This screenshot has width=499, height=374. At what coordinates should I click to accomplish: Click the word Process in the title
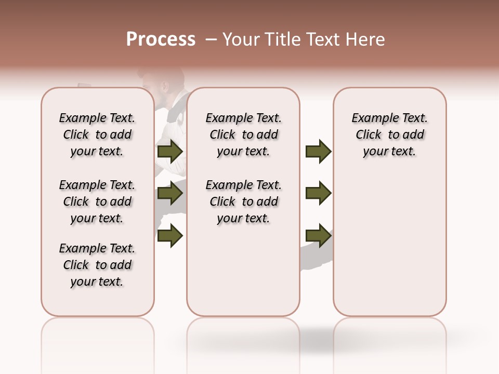tap(161, 39)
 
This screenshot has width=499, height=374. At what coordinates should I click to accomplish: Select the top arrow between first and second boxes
tap(170, 152)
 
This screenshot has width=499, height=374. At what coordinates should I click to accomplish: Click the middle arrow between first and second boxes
tap(170, 194)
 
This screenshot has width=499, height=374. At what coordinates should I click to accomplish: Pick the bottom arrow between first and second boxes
tap(170, 236)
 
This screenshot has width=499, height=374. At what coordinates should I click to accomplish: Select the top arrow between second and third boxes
tap(318, 152)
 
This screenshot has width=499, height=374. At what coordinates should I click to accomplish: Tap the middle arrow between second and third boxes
tap(318, 194)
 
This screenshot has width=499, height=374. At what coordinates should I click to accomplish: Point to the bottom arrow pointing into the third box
tap(318, 236)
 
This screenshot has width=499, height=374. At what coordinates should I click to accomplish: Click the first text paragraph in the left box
tap(97, 135)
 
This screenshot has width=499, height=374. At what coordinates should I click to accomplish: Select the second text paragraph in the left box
tap(97, 202)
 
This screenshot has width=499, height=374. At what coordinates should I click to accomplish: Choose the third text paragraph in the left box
tap(97, 265)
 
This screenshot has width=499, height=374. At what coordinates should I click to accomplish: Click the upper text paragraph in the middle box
tap(243, 135)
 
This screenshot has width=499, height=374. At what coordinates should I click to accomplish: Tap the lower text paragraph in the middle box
tap(243, 202)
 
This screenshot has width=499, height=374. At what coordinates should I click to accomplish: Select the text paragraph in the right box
tap(389, 135)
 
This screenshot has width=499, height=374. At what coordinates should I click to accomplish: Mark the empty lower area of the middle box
tap(243, 270)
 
